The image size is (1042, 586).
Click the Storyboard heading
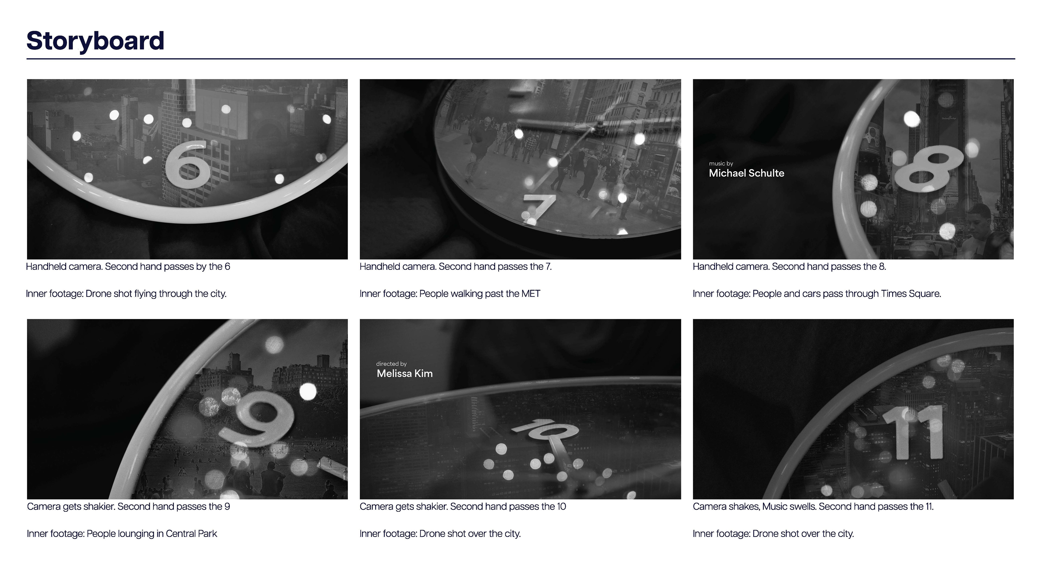(96, 41)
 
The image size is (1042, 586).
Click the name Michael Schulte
(746, 173)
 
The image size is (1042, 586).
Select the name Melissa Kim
(405, 373)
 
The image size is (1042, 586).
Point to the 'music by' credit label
(721, 163)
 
